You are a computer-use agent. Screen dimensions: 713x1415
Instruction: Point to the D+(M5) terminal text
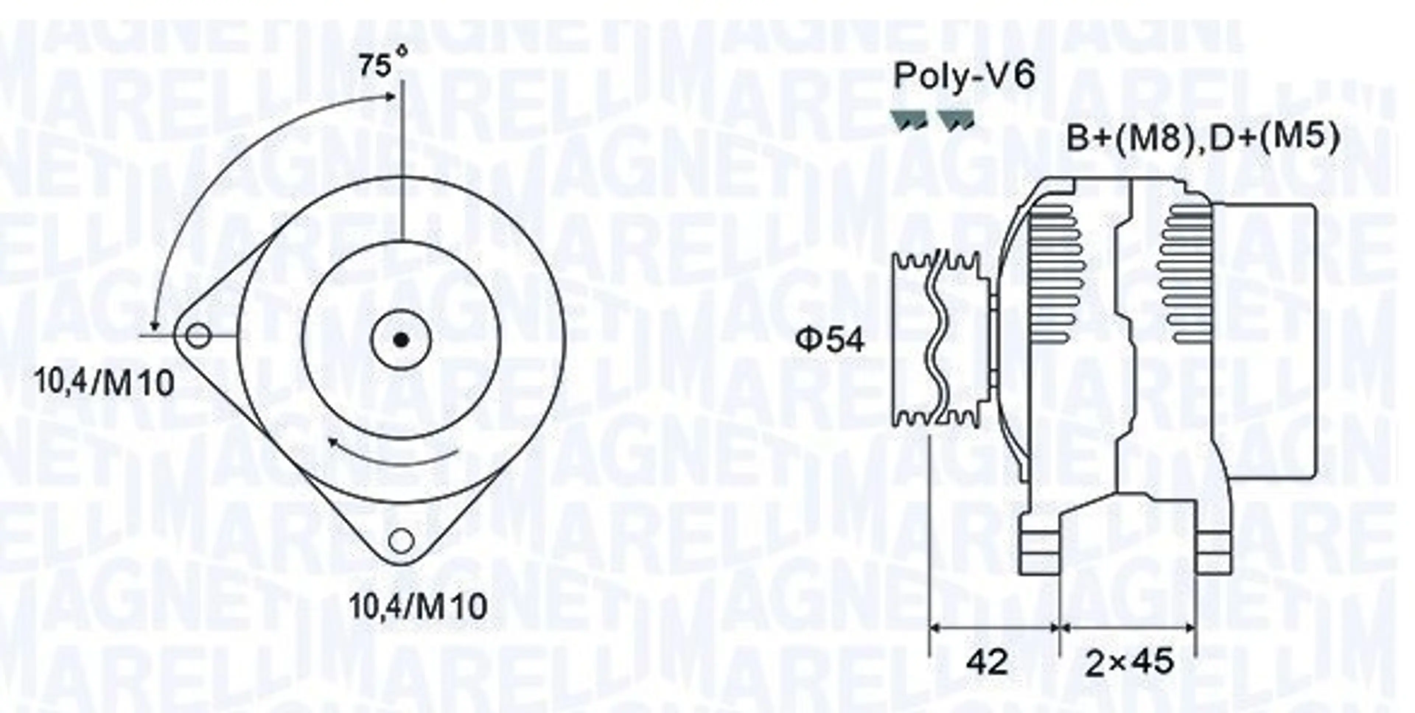coord(1272,138)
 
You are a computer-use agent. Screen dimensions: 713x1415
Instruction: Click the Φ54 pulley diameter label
coord(830,340)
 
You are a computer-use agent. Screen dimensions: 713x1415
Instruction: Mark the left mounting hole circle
coord(198,336)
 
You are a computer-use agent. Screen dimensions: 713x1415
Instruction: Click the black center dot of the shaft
coord(402,340)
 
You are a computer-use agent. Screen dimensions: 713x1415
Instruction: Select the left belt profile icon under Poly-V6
coord(909,119)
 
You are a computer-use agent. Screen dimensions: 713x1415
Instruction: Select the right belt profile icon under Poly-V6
coord(956,119)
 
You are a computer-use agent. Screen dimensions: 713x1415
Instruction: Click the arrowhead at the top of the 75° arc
coord(391,96)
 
